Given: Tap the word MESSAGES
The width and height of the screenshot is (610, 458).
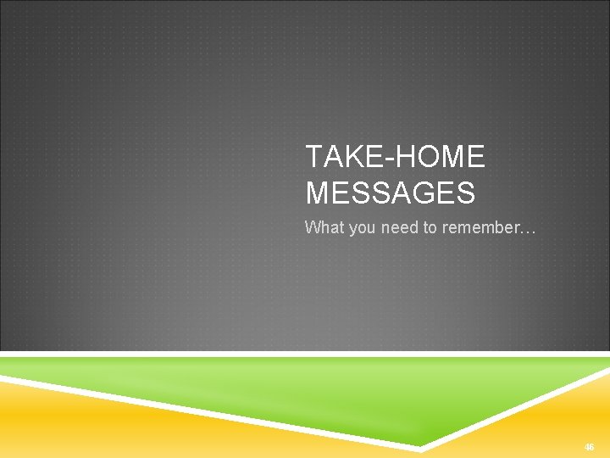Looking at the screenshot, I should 390,194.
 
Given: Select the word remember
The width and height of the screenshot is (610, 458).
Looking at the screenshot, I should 479,227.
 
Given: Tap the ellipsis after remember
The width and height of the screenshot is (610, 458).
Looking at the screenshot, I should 527,228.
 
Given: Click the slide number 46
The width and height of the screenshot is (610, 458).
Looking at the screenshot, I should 589,447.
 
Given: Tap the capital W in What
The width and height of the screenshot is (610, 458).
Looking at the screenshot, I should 312,227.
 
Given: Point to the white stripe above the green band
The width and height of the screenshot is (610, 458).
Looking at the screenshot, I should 305,354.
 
